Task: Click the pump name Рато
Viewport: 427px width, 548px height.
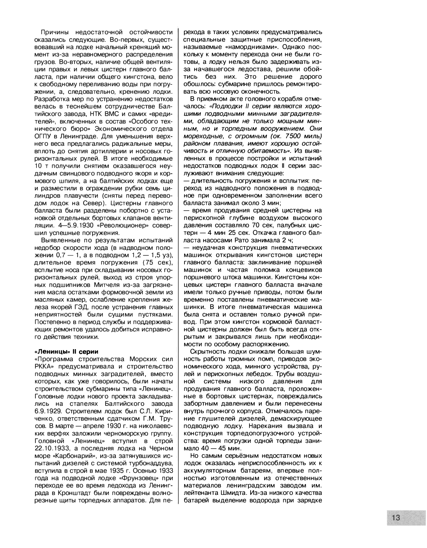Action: (x=242, y=240)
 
